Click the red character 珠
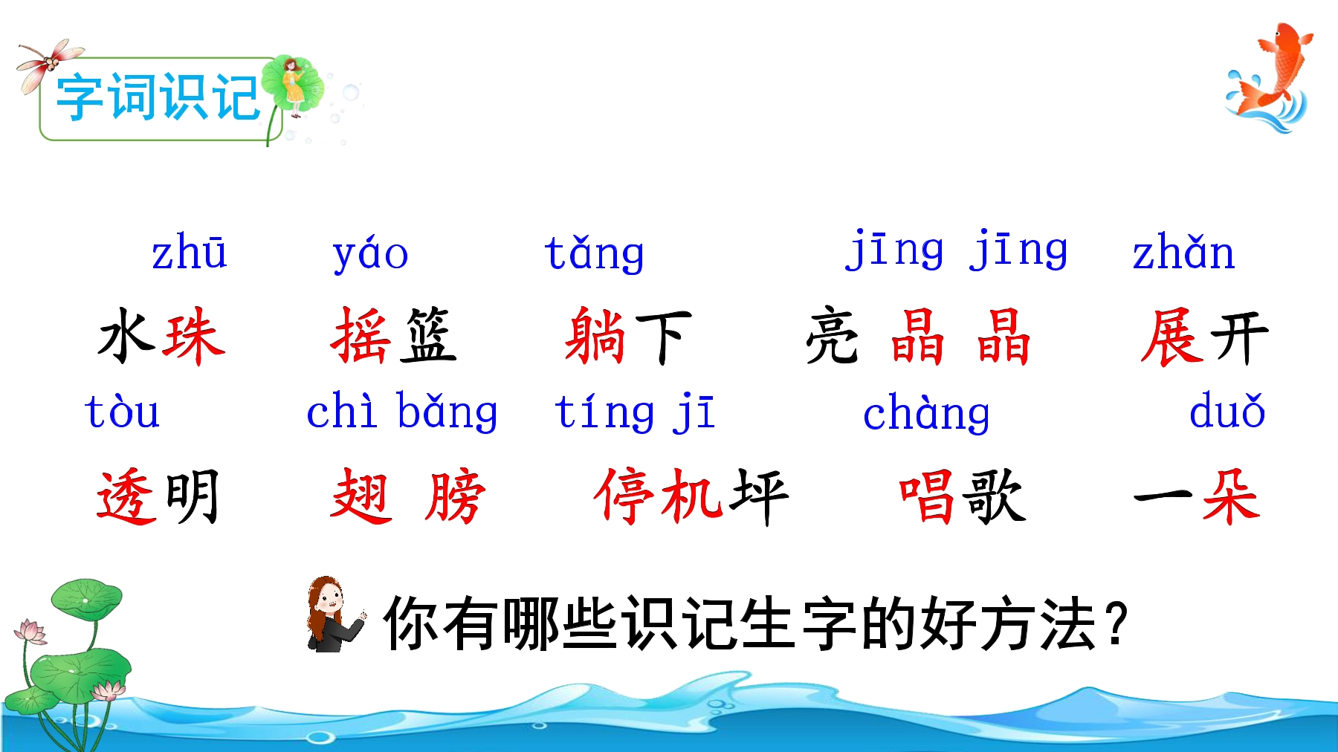[195, 337]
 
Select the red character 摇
[361, 336]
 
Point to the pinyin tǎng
[594, 253]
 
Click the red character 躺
[595, 336]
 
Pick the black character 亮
[833, 337]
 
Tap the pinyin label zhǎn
[1183, 252]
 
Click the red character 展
[1173, 337]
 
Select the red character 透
[127, 496]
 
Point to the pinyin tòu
[123, 411]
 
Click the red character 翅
[361, 496]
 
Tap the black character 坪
[759, 496]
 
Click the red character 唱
[927, 496]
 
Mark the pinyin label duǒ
[1227, 410]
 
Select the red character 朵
[1231, 496]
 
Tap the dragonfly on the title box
[49, 63]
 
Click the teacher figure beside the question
[334, 615]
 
